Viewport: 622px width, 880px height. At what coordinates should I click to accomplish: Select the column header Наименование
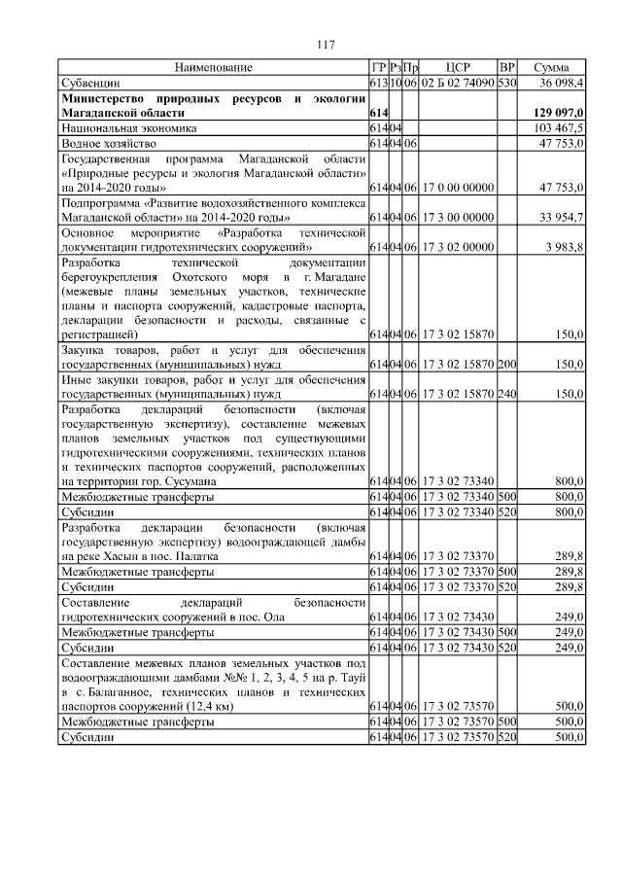tap(213, 67)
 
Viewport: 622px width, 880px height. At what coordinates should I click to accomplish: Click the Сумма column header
tap(552, 67)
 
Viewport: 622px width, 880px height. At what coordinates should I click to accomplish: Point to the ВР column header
tap(506, 67)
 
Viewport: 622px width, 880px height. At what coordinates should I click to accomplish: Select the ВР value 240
tap(506, 395)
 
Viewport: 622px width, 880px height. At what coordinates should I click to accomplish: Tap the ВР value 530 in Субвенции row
tap(506, 83)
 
